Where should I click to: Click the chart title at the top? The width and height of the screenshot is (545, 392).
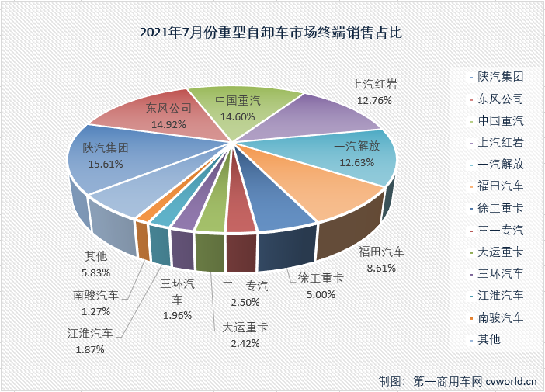point(272,33)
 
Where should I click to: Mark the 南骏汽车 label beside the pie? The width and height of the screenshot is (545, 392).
point(96,295)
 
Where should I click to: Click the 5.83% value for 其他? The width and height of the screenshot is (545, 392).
point(97,272)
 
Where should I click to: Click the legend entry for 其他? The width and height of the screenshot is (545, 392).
point(489,338)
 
